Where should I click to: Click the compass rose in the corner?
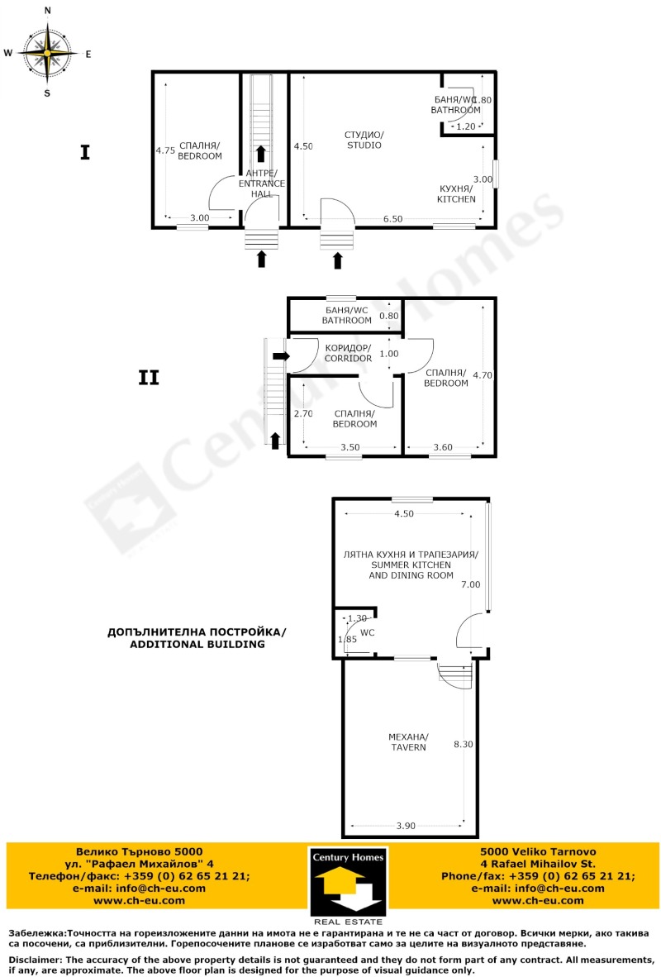point(47,52)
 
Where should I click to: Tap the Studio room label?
point(364,140)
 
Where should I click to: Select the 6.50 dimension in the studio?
point(392,219)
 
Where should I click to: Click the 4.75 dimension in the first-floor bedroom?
point(165,150)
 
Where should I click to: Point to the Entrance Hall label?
point(261,183)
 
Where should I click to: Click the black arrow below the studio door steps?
point(337,261)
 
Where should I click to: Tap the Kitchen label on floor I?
point(457,194)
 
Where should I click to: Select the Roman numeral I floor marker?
point(84,152)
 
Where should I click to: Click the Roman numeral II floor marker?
point(148,378)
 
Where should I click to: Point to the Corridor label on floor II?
point(348,353)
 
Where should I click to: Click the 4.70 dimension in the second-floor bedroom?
point(482,374)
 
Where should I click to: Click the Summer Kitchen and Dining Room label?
point(411,565)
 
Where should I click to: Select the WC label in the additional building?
point(369,632)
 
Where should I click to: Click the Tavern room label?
point(408,741)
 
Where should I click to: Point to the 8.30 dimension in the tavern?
point(464,744)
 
